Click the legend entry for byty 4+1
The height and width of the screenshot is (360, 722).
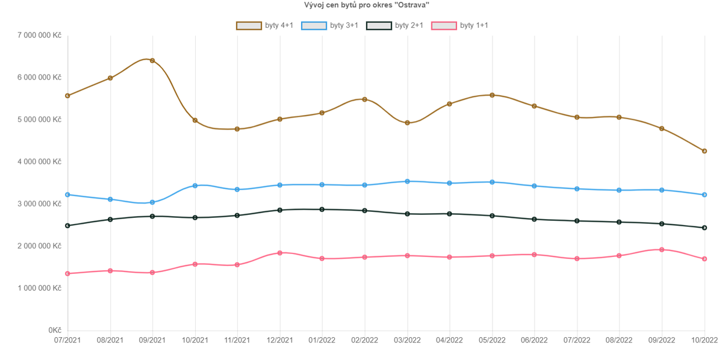[264, 25]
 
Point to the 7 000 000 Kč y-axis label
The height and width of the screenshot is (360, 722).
[36, 36]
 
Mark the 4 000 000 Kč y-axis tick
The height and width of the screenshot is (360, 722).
[36, 162]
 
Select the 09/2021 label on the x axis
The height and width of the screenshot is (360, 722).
[152, 341]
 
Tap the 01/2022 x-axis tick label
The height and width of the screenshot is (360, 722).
[322, 341]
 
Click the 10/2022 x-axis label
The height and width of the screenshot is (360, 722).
[704, 341]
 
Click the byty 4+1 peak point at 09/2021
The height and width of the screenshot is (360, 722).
[152, 61]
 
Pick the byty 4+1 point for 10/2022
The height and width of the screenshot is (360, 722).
[704, 151]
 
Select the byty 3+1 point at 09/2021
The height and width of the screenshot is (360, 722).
[152, 202]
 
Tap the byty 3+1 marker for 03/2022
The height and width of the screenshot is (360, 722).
[407, 181]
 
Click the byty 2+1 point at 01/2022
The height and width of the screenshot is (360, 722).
[322, 209]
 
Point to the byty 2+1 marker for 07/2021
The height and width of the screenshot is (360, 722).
[67, 226]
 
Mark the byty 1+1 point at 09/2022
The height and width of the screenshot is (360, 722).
[662, 250]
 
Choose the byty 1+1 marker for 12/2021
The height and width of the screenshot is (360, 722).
[280, 253]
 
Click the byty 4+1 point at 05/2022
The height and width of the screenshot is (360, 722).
[492, 95]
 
